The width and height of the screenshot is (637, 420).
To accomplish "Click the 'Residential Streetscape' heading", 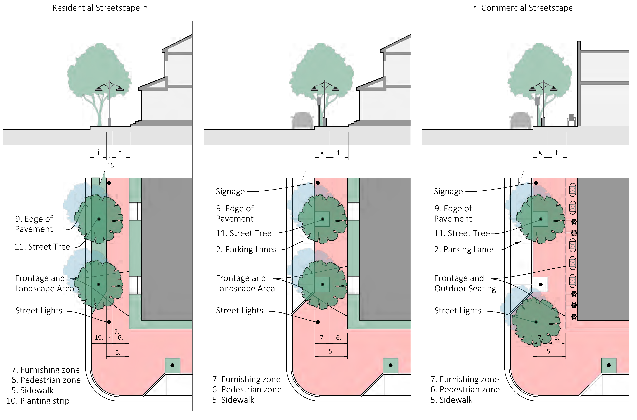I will point(96,8).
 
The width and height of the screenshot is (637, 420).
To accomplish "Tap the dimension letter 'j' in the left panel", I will point(98,152).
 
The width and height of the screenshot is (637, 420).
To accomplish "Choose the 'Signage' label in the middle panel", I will point(230,192).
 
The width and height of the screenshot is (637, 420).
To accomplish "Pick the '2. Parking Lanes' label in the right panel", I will point(464,249).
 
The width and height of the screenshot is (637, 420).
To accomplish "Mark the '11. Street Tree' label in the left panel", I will point(42,247).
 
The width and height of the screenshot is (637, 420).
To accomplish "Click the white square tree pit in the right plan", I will point(540,284).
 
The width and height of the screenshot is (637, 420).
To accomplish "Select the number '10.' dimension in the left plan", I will point(99,337).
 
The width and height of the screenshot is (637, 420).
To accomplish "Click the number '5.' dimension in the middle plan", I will point(331,351).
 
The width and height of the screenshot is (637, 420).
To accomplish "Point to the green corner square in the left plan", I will point(172,365).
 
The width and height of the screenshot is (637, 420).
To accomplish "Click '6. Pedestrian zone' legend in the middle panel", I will point(247,389).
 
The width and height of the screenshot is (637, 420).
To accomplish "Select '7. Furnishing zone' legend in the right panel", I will point(464,379).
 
